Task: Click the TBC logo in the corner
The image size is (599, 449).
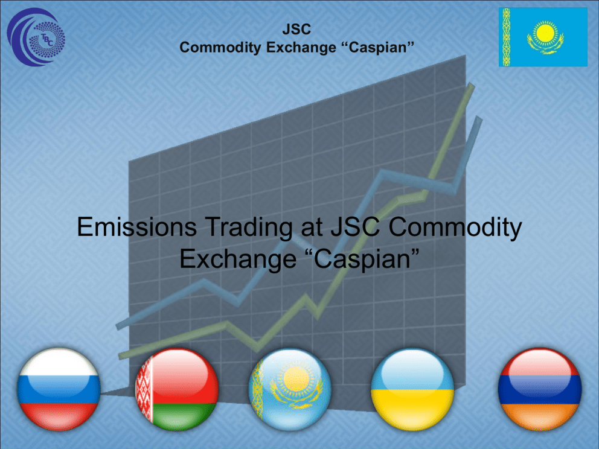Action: pos(36,37)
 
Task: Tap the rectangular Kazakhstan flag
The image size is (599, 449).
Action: pos(543,37)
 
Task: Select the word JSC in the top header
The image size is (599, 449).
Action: pos(297,29)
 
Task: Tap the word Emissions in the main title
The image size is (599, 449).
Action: pos(136,226)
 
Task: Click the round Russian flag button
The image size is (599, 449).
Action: pos(59,389)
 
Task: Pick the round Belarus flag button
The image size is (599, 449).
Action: pos(177,389)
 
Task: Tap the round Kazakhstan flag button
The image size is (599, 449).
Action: pos(290,389)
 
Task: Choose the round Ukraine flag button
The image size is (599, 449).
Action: pos(412,389)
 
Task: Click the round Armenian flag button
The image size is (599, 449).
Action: pos(540,389)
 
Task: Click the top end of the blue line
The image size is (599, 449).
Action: pos(478,119)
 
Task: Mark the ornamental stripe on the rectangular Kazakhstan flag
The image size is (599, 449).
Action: pos(506,37)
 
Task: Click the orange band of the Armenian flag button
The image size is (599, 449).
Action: pos(540,416)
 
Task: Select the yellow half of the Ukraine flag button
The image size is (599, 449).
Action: pos(412,410)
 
